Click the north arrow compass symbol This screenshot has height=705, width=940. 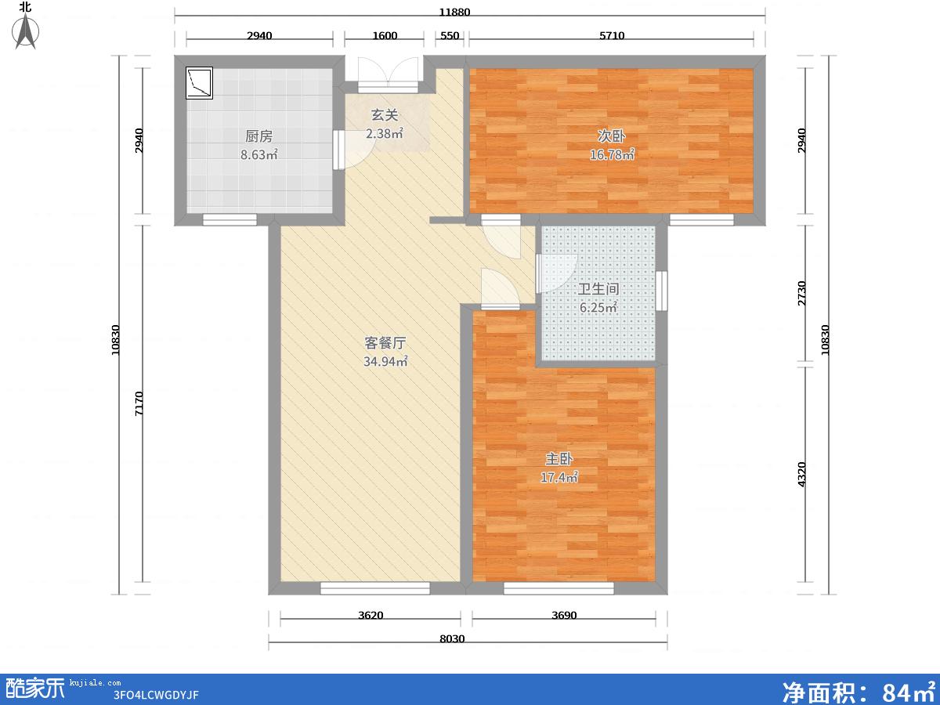pos(26,31)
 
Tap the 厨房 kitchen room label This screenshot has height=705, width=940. pos(258,136)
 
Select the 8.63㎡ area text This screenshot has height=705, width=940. pos(259,154)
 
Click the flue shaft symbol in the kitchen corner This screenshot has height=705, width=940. pos(199,82)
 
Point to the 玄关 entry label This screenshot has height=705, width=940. pos(385,114)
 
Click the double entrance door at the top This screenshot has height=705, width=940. pos(388,75)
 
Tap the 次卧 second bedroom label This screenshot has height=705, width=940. pos(611,136)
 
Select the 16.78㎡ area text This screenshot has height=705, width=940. pos(612,154)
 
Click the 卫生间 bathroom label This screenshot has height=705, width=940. pos(598,289)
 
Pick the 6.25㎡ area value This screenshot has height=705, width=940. pos(598,307)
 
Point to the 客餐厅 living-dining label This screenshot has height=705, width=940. pos(385,343)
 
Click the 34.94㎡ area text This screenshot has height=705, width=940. pos(385,361)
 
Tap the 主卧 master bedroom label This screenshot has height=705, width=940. pos(559,459)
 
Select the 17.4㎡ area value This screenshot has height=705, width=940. pos(559,477)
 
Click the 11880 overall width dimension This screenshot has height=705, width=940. pos(454,12)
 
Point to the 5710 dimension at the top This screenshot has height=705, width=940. pos(612,35)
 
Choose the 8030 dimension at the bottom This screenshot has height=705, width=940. pos(452,638)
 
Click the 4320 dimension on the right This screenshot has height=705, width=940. pos(801,474)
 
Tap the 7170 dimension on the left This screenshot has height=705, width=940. pos(139,403)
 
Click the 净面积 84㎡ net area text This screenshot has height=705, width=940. pos(859,691)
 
